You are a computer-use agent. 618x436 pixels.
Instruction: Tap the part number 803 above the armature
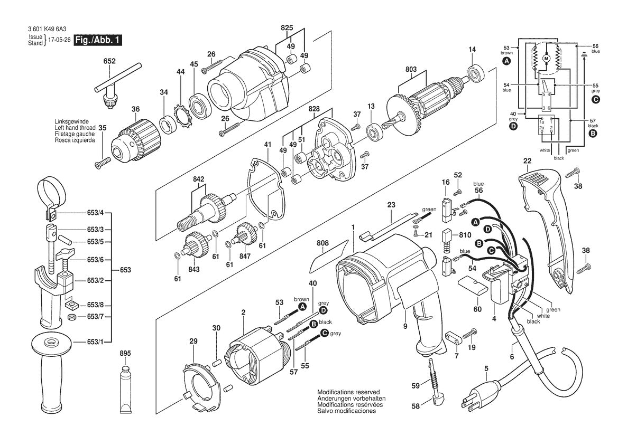click(x=410, y=69)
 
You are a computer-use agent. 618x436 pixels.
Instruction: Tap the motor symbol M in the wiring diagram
click(x=547, y=57)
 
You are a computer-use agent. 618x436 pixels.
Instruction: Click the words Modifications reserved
click(x=348, y=392)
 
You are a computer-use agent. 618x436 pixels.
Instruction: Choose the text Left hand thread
click(x=75, y=128)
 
